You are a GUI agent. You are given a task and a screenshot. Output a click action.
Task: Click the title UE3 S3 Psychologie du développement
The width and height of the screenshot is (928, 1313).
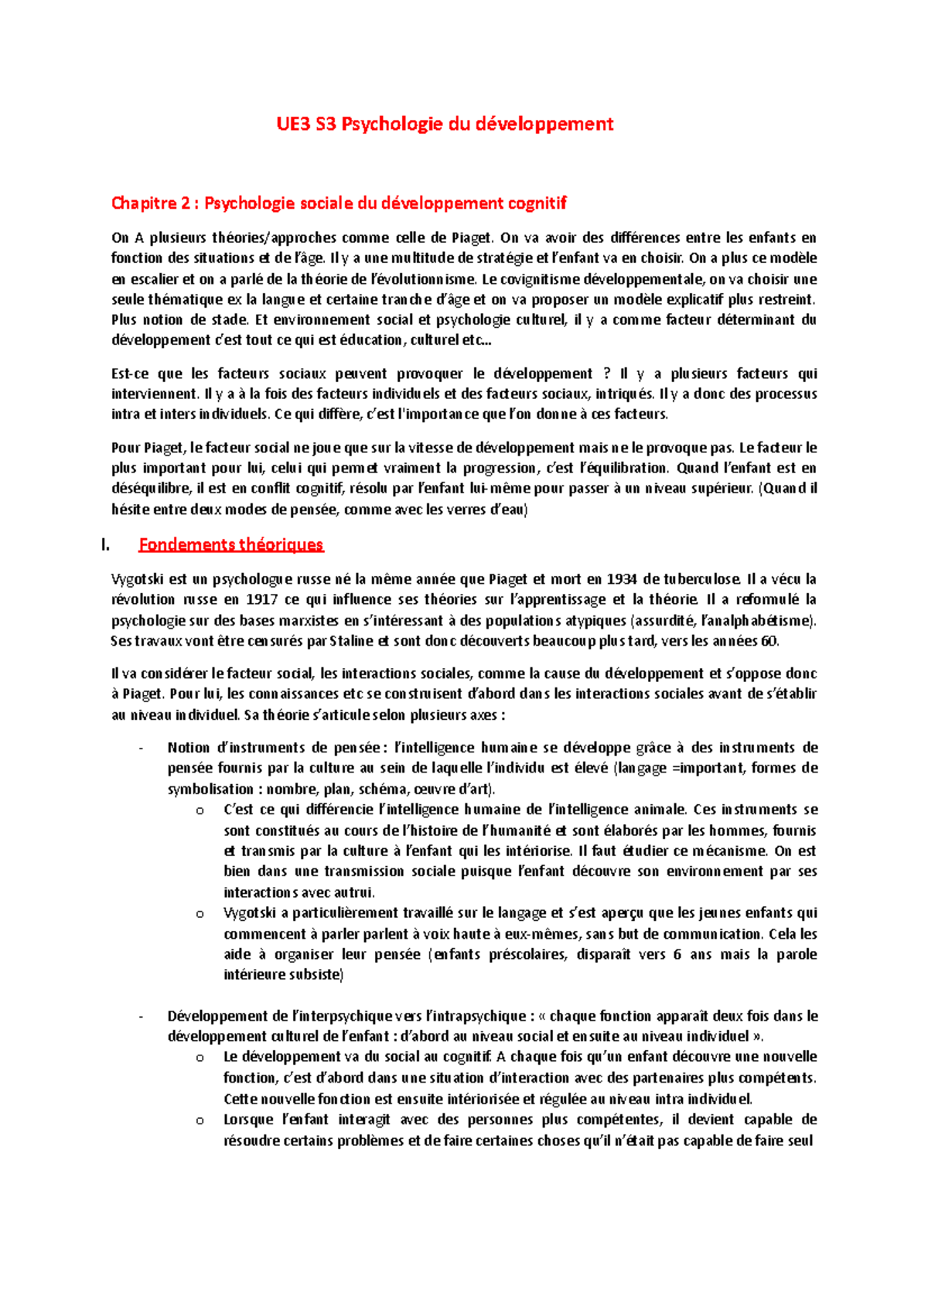(445, 124)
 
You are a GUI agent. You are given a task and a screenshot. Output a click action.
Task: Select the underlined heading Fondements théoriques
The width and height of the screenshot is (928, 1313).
(230, 544)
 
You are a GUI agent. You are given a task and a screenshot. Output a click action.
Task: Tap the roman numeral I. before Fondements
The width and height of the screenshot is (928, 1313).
(106, 545)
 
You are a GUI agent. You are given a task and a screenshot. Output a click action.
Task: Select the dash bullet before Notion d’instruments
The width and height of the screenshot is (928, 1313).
(141, 749)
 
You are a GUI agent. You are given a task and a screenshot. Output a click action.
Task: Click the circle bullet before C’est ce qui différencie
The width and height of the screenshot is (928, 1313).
(200, 810)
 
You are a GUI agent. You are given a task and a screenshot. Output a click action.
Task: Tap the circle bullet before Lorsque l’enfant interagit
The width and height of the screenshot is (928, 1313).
(200, 1120)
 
